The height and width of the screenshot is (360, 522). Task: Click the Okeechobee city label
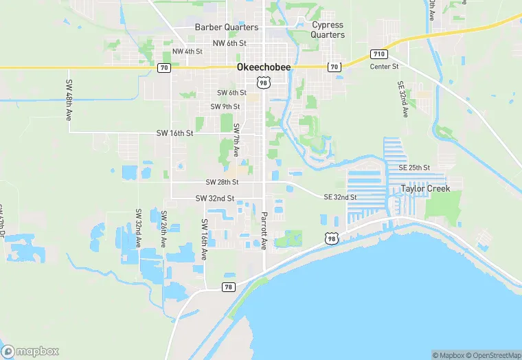pos(263,67)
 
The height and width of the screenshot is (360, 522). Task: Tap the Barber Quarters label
pos(227,27)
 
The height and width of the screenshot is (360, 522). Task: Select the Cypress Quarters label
pos(328,30)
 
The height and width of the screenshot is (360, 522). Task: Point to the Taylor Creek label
pos(426,188)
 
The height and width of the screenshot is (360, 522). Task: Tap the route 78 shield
pos(229,286)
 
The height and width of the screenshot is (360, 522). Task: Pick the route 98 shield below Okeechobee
pos(263,82)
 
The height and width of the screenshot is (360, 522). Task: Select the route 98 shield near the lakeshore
pos(332,238)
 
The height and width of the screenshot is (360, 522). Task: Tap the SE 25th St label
pos(413,168)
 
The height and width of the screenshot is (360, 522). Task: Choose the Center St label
pos(385,67)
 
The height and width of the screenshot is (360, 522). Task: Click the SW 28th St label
pos(222,182)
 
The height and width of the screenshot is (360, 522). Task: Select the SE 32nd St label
pos(340,197)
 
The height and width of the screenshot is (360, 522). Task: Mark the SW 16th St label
pos(174,133)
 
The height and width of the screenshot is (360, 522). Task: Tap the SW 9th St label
pos(225,106)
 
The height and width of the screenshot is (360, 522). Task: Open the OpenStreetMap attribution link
pos(492,355)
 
